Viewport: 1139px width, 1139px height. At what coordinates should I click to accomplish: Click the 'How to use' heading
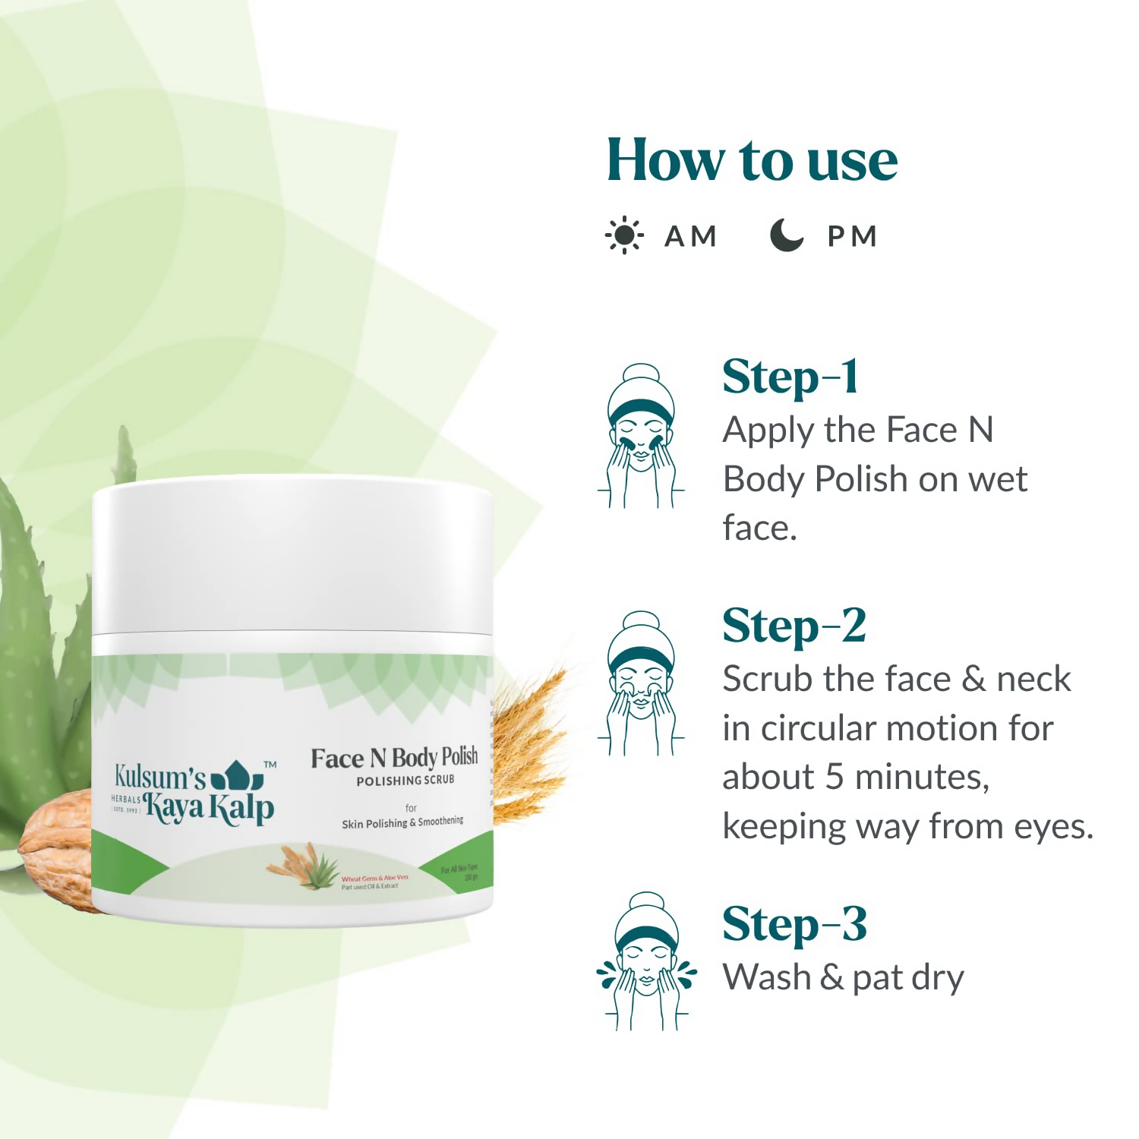click(x=752, y=160)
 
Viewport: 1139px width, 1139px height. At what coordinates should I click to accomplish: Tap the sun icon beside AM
click(x=624, y=235)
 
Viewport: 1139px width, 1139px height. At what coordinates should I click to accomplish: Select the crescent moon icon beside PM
click(x=786, y=235)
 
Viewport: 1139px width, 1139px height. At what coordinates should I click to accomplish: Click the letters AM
click(x=690, y=236)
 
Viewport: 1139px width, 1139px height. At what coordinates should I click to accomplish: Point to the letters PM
click(x=852, y=236)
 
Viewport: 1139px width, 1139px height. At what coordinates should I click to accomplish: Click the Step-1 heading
click(x=790, y=377)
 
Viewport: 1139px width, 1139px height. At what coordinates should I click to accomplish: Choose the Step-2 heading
click(x=794, y=626)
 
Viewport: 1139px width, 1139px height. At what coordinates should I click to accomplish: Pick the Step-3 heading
click(x=794, y=924)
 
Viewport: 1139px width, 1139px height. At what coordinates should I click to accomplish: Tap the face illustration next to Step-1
click(x=642, y=437)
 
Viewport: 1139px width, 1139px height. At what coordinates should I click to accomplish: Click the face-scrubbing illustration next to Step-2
click(x=642, y=683)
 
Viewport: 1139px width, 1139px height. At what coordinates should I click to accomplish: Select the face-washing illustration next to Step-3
click(x=645, y=961)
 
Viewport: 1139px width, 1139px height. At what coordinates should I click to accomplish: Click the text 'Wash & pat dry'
click(x=843, y=977)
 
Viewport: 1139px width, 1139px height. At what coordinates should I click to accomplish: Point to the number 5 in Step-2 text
click(x=834, y=777)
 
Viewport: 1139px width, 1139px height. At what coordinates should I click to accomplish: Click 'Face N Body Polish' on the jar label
click(x=394, y=757)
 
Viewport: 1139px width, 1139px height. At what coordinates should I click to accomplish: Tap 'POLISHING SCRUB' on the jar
click(x=405, y=781)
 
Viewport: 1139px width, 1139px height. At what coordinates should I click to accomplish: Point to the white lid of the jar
click(x=292, y=554)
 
